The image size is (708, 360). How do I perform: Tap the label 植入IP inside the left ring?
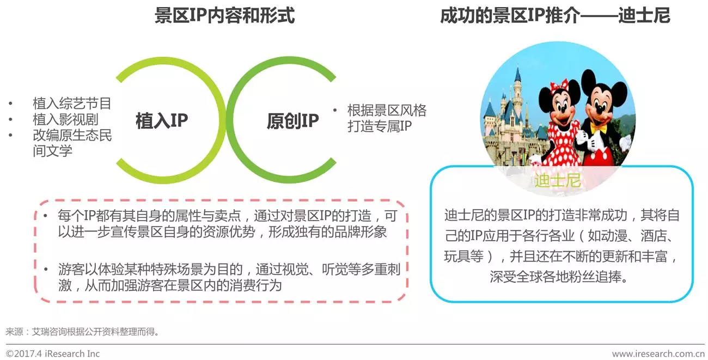point(162,121)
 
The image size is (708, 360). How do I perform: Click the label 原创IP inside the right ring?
point(293,121)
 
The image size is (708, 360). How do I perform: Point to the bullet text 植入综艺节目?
point(72,103)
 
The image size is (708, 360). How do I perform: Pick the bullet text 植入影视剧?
point(65,119)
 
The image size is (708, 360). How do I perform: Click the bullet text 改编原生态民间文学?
point(72,143)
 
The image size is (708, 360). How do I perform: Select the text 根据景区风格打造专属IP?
point(387,118)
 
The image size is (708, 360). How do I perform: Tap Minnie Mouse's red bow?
point(559,85)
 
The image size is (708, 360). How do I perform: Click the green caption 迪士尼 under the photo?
point(558,180)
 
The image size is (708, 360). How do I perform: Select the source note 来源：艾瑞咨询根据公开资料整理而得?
point(82,332)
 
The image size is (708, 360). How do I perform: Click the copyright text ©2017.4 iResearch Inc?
point(53,353)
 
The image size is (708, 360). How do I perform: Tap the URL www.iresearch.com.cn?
point(658,353)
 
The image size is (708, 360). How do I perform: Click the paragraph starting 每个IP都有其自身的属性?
point(228,224)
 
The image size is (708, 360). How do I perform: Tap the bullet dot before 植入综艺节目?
point(11,103)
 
